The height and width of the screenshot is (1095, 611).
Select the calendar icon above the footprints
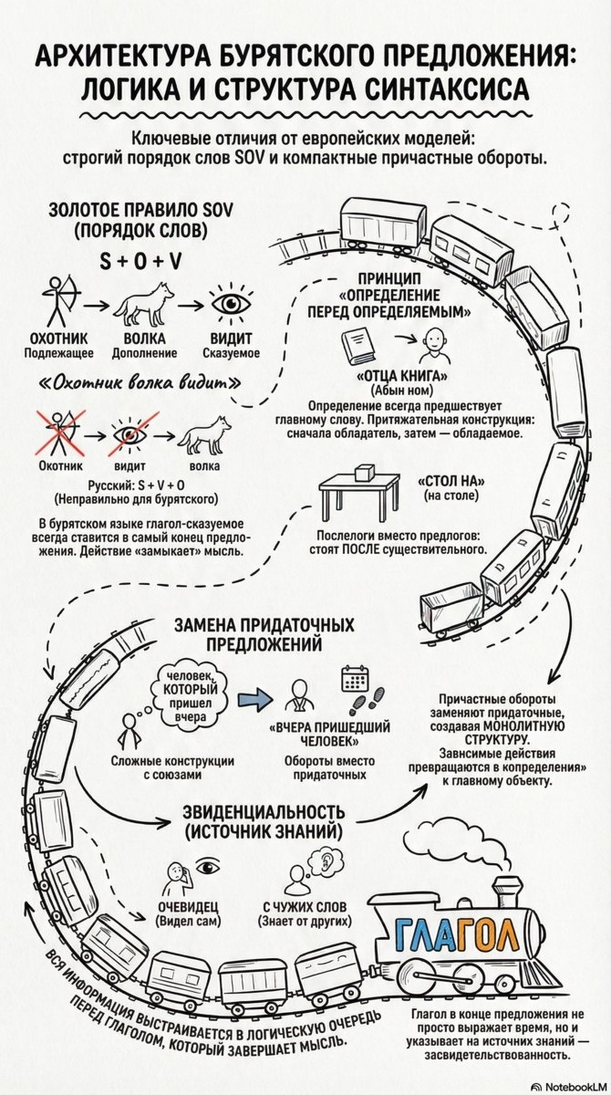353,680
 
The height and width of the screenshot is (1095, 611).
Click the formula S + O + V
140,261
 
